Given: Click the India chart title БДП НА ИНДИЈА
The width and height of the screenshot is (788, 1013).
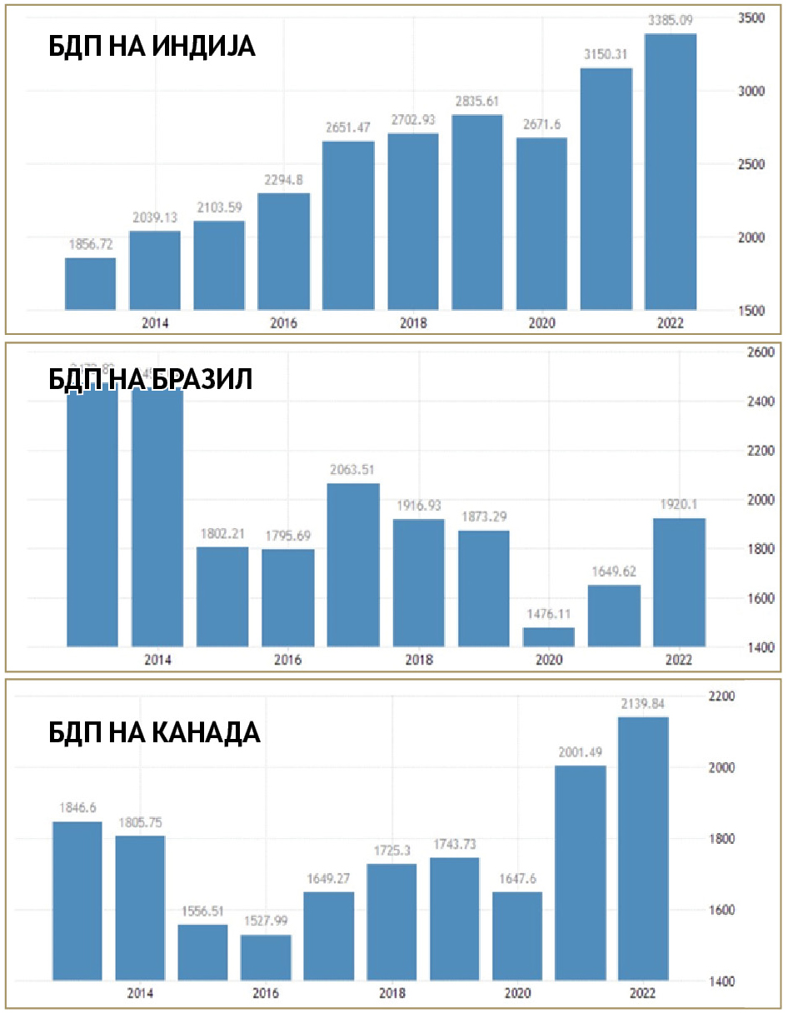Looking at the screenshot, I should [152, 47].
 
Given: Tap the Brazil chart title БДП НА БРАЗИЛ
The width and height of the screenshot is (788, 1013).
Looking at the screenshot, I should [150, 379].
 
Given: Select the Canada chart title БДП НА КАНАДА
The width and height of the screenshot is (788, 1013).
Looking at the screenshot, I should [154, 732].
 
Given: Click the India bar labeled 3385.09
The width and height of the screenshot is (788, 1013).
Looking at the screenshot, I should [671, 172].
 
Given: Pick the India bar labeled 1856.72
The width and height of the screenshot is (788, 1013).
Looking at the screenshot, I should [91, 284].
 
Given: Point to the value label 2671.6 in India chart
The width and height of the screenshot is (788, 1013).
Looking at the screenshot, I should [541, 125].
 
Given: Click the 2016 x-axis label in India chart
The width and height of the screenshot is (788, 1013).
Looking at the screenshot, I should [283, 323].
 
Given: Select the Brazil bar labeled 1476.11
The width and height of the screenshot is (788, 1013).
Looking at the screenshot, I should [549, 636].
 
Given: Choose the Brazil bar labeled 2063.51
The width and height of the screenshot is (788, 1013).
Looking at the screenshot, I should [353, 565].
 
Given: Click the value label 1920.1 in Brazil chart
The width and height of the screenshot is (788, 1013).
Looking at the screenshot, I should [679, 506].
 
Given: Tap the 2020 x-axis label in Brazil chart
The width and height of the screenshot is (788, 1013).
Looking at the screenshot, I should [549, 660].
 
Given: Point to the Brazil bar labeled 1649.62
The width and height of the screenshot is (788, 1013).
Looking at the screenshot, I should [614, 616].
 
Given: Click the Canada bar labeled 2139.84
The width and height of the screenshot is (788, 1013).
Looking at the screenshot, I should [643, 848].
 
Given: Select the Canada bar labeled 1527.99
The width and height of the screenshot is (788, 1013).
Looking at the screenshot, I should [266, 957].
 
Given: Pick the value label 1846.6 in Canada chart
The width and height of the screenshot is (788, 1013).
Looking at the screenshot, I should [77, 808].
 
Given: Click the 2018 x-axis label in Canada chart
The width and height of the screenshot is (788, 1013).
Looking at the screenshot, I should [392, 993].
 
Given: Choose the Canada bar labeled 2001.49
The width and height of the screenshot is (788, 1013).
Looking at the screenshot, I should [581, 872].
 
